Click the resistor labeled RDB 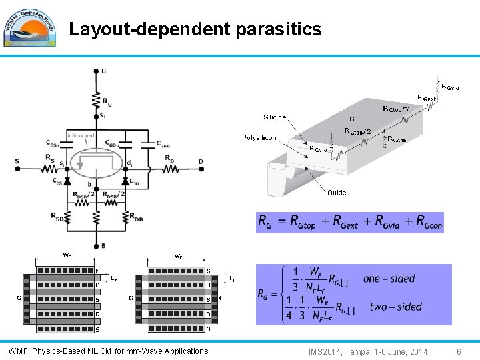[x=125, y=216]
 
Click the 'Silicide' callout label [x=275, y=117]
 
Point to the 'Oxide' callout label [x=337, y=192]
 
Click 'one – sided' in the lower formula [x=389, y=279]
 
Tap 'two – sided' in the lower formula [x=395, y=307]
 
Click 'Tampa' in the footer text [x=359, y=351]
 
